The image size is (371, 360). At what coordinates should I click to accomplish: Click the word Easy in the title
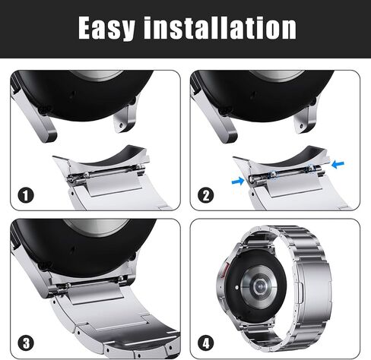(x=106, y=28)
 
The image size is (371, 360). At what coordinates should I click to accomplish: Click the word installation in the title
(x=220, y=27)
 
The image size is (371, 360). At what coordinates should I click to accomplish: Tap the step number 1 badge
(x=26, y=195)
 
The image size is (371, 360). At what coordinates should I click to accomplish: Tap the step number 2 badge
(x=205, y=195)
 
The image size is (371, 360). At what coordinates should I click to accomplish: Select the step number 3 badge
(x=26, y=343)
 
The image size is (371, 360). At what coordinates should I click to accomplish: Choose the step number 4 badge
(x=205, y=343)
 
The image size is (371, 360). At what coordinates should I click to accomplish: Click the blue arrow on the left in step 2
(x=238, y=181)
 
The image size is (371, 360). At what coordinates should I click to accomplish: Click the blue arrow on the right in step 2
(x=338, y=164)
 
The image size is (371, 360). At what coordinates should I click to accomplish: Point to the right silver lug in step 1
(x=125, y=116)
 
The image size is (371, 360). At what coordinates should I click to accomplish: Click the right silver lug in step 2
(x=306, y=116)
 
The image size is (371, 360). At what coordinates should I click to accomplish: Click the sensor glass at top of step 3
(x=96, y=226)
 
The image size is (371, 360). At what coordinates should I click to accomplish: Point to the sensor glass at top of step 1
(x=97, y=75)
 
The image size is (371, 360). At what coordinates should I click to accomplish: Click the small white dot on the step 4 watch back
(x=236, y=288)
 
